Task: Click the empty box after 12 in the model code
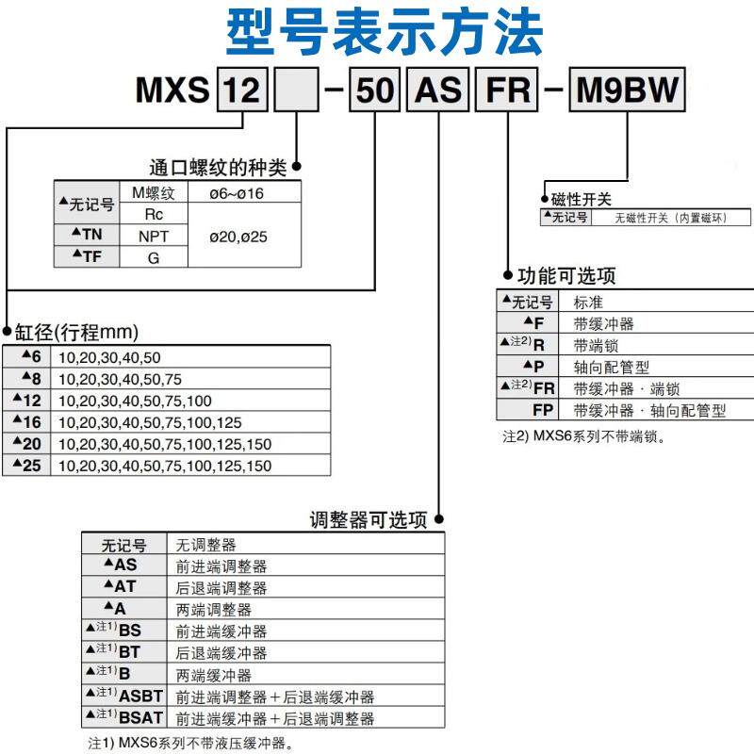point(297,91)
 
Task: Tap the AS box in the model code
point(438,91)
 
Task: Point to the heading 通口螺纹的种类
point(218,168)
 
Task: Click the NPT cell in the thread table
point(154,237)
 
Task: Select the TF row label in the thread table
point(86,256)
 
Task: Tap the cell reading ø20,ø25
point(238,237)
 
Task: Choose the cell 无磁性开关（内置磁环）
point(672,218)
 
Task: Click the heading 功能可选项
point(566,276)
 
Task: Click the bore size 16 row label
point(28,421)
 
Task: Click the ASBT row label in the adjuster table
point(133,697)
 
